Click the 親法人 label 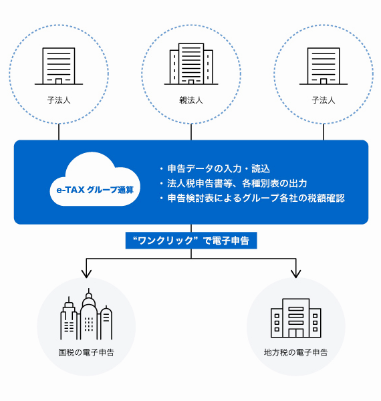(x=190, y=100)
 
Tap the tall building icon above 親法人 (x=190, y=64)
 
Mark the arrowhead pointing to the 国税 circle (x=86, y=272)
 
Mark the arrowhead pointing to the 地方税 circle (x=295, y=272)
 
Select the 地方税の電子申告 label (x=295, y=352)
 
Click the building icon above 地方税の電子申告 (x=295, y=318)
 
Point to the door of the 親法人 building (x=191, y=81)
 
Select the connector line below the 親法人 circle (x=191, y=133)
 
